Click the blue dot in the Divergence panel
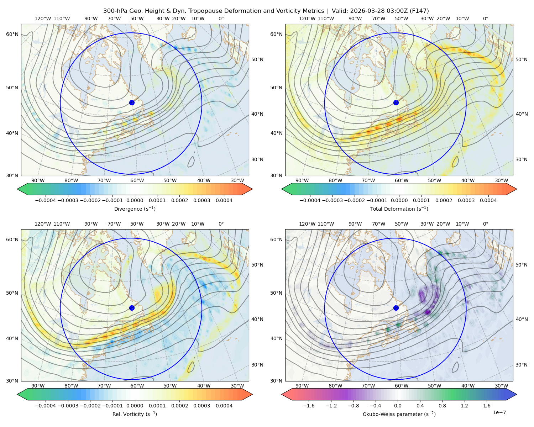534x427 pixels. [132, 103]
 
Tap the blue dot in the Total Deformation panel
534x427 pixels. [396, 103]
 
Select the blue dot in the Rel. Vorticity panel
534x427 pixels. [132, 308]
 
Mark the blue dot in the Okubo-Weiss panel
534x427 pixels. [396, 308]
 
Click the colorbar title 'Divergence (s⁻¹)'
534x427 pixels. [135, 209]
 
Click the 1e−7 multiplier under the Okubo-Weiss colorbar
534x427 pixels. [499, 412]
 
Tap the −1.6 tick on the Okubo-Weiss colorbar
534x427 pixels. [309, 406]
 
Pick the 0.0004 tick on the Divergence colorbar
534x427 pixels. [224, 200]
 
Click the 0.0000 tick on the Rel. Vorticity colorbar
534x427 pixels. [135, 406]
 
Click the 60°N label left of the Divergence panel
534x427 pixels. [12, 34]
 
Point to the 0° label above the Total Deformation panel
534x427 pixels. [485, 19]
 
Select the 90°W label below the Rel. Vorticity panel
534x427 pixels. [38, 386]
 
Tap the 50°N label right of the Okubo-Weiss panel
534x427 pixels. [522, 265]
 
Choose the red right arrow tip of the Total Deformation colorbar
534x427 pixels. [517, 189]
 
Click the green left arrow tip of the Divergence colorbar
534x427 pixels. [17, 189]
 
